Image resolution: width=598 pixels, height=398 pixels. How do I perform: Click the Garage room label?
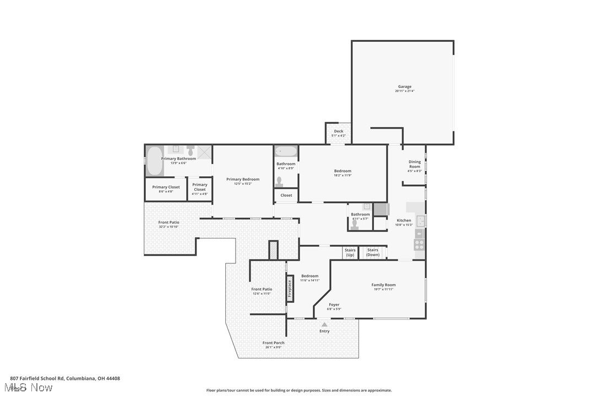[405, 87]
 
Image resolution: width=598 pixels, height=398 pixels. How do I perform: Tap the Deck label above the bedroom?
[339, 131]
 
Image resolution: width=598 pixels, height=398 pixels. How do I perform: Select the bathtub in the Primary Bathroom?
[155, 161]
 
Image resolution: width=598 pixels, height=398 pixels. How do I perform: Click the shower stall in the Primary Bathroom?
[204, 152]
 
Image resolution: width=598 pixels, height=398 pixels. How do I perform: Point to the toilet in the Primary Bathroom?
[191, 150]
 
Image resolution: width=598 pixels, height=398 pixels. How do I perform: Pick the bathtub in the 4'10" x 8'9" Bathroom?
[286, 151]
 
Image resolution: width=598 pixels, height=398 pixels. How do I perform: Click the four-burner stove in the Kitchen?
[420, 245]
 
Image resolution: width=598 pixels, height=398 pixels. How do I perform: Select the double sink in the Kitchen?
[420, 221]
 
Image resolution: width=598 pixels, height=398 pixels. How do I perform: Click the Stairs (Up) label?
[350, 252]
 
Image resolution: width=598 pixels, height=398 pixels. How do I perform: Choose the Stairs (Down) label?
[373, 252]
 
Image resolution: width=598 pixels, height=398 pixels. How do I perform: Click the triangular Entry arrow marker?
[324, 325]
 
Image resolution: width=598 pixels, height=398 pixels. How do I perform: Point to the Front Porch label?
[273, 343]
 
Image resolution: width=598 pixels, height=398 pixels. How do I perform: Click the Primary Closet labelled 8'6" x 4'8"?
[166, 189]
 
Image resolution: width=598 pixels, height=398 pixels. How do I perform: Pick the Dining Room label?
[415, 164]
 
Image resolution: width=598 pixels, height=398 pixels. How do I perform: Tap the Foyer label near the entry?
[334, 305]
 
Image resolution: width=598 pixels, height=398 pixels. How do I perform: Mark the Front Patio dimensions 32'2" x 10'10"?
[168, 226]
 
